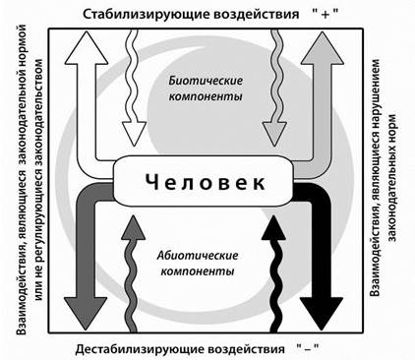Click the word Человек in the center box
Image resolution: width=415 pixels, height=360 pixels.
coord(205,182)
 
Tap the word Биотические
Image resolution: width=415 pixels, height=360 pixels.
coord(206,81)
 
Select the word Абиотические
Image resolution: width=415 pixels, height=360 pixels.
coord(198,256)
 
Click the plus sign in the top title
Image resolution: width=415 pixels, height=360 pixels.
coord(326,15)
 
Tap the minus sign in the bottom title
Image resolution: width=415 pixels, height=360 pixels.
coord(307,349)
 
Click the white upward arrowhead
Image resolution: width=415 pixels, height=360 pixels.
coord(87,47)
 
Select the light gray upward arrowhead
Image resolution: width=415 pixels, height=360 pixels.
coord(323,47)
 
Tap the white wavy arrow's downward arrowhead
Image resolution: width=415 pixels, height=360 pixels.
coord(134,134)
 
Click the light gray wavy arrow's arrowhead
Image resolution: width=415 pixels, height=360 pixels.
coord(274,134)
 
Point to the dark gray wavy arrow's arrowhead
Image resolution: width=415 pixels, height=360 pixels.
coord(133,227)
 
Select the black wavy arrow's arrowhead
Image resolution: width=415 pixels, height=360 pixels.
coord(274,227)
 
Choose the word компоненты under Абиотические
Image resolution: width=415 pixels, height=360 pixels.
coord(198,271)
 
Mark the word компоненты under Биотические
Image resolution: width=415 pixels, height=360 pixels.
coord(206,96)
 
